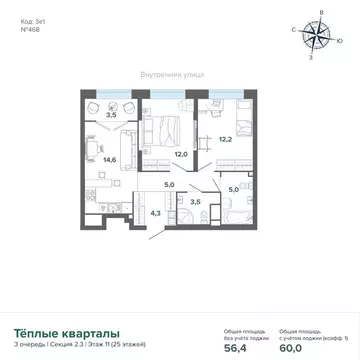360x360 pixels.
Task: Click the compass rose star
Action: (321, 37)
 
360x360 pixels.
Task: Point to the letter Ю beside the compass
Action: (341, 40)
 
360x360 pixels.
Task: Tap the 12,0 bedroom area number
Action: (182, 154)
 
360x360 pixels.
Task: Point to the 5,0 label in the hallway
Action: (169, 185)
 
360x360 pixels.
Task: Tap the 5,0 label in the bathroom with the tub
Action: (233, 189)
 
